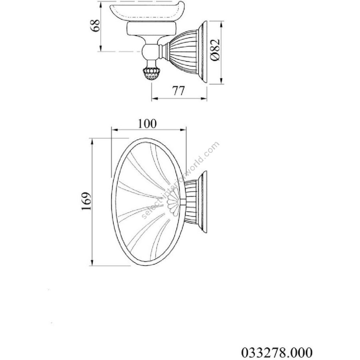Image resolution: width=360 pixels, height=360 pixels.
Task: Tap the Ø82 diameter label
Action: [215, 50]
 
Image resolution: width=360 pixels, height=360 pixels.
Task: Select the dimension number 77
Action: [178, 90]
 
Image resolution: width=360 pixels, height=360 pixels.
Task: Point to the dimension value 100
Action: [147, 124]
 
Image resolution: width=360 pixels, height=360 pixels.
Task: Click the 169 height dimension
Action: [86, 201]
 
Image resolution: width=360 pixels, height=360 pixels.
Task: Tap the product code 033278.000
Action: [277, 352]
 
